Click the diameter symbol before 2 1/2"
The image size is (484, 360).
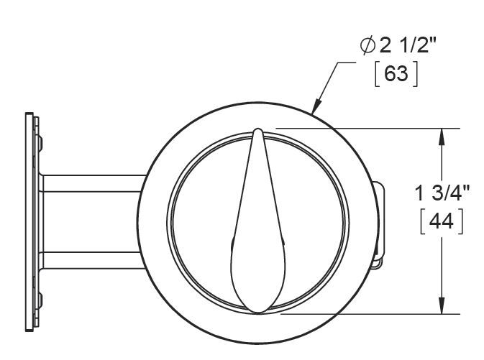(x=368, y=46)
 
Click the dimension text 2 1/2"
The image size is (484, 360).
(x=408, y=46)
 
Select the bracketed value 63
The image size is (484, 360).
(x=396, y=74)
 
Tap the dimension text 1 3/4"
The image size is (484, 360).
(x=442, y=193)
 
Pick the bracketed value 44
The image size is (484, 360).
(x=442, y=221)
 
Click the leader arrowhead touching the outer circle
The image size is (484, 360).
(x=316, y=106)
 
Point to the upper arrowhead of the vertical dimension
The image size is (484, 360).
(x=442, y=137)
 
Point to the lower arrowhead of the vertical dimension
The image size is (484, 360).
(x=442, y=305)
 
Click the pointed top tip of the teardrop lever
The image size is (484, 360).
(x=257, y=129)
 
